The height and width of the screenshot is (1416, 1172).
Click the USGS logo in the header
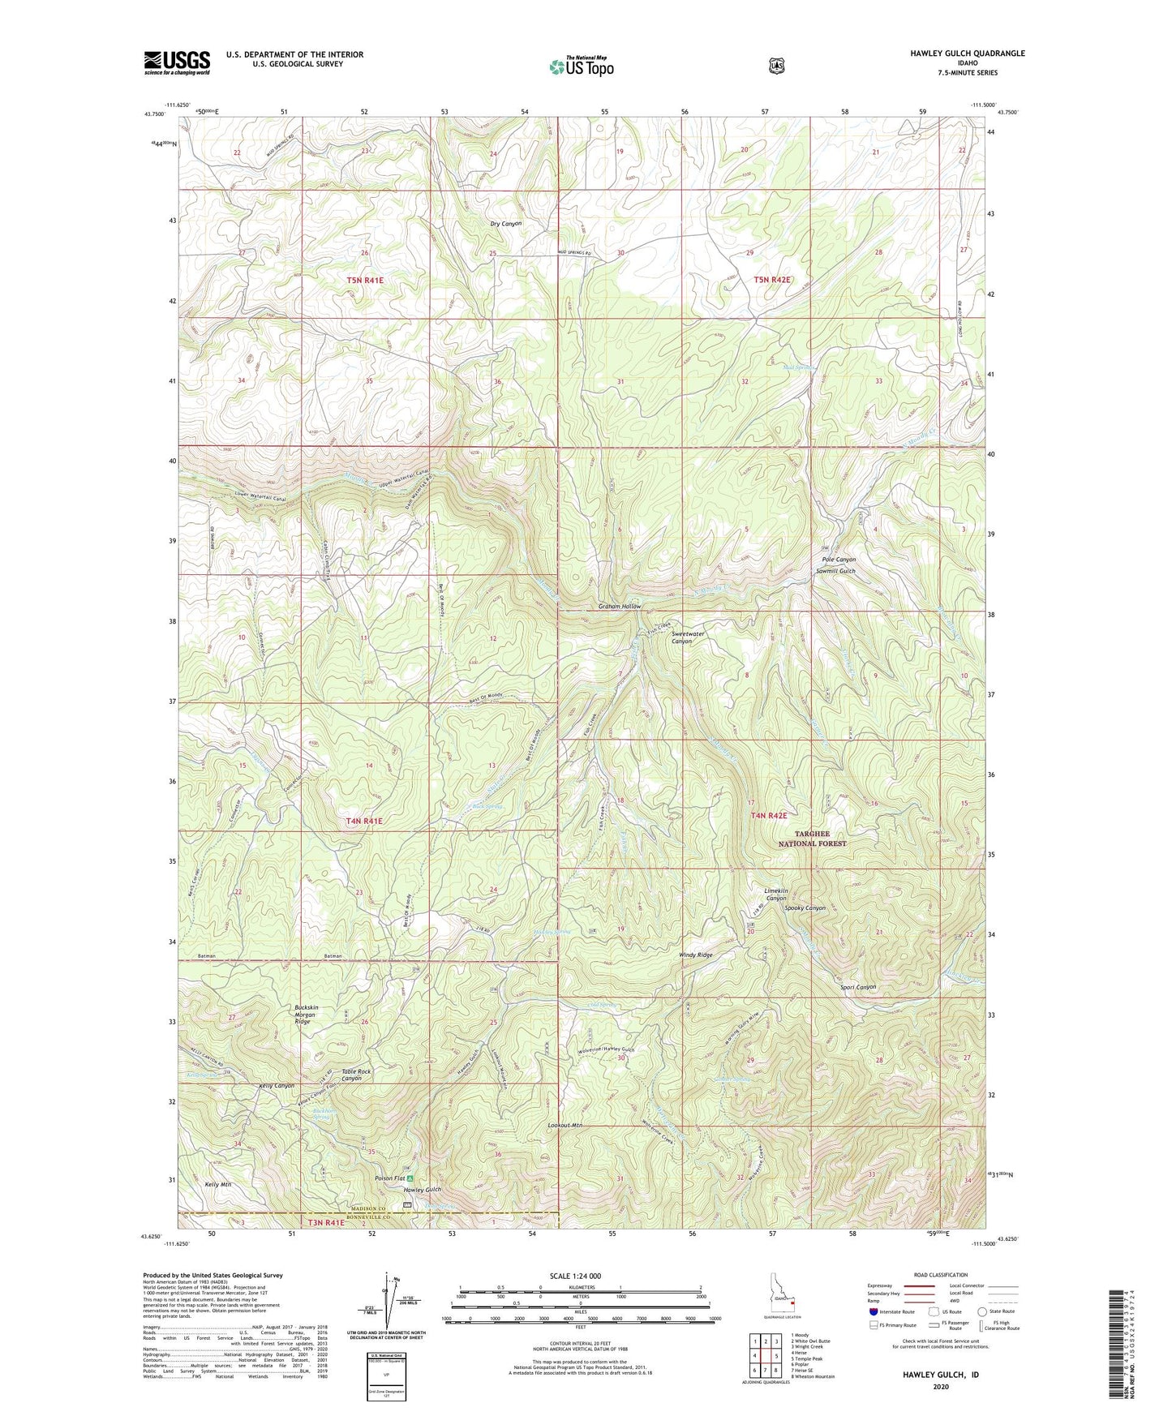177,62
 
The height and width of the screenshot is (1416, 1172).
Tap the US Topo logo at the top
581,67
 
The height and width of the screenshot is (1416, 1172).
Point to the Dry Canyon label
506,223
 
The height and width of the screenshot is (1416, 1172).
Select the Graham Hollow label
620,607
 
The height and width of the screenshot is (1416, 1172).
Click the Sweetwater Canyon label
681,637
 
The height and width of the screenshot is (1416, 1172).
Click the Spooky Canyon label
805,908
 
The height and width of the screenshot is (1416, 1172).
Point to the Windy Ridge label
696,955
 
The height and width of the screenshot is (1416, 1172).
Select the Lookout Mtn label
565,1126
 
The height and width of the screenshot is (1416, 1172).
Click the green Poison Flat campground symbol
410,1178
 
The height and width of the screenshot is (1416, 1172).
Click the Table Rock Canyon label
357,1075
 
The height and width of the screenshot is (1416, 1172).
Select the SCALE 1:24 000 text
575,1277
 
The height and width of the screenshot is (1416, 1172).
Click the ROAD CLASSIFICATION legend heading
940,1276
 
